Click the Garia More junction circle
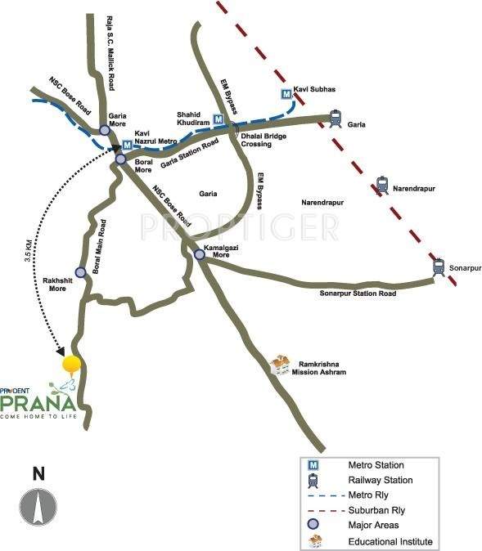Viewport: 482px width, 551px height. [105, 130]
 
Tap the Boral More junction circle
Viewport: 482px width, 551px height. [120, 159]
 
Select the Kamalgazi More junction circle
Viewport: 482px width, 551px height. [200, 255]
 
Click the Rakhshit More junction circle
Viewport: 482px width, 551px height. [80, 272]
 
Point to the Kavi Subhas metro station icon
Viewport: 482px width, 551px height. [286, 94]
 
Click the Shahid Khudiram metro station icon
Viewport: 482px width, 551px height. [218, 119]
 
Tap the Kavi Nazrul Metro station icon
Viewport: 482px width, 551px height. [127, 146]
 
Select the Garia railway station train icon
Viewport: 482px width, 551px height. [334, 119]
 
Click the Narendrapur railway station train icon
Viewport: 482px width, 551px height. [381, 186]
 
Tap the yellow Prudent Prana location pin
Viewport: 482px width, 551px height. [73, 365]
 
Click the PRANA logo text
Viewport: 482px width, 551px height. [38, 403]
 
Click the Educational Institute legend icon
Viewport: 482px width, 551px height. [313, 541]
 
